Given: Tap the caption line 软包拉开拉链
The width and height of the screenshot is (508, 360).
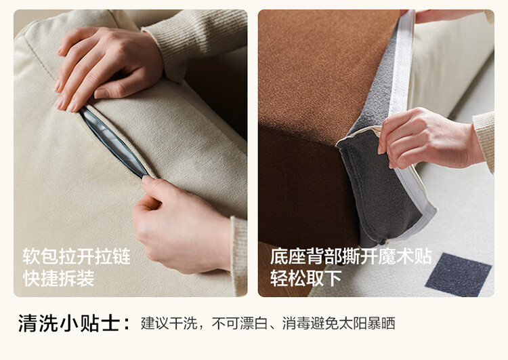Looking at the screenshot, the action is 77,256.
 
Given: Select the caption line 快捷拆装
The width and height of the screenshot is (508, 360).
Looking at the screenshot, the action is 59,278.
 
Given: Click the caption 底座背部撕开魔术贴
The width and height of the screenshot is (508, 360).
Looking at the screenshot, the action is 351,256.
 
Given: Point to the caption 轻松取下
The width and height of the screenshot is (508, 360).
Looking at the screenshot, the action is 306,278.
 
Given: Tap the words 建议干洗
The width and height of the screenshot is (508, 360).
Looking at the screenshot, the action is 169,323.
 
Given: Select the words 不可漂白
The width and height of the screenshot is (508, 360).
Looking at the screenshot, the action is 240,323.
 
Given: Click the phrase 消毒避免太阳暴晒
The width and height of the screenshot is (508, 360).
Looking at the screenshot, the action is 339,323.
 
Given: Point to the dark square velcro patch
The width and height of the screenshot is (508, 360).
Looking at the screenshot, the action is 458,275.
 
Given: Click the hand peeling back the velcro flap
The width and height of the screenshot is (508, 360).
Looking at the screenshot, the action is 427,138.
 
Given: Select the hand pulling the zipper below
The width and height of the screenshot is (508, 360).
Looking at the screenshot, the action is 182,224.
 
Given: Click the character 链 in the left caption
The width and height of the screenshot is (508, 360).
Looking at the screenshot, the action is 121,256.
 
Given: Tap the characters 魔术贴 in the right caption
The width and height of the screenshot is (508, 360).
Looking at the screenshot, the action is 405,256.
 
